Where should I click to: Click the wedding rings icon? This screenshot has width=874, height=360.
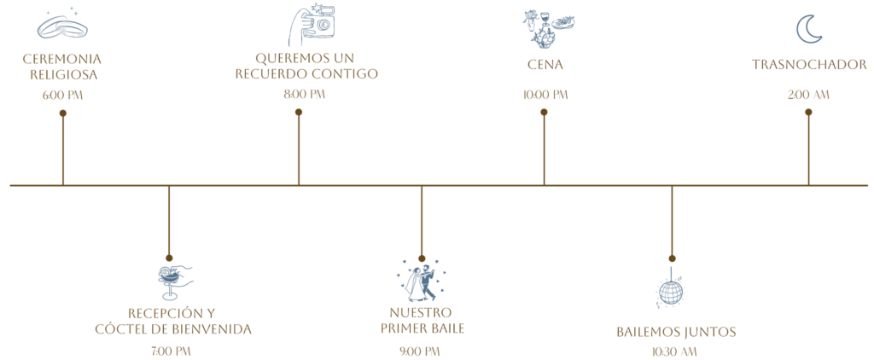(x=61, y=27)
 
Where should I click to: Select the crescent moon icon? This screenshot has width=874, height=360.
(x=808, y=29)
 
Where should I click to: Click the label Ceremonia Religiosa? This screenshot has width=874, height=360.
(x=61, y=67)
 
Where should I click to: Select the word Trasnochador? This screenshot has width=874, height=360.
(x=809, y=64)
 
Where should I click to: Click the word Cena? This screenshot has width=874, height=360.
(x=545, y=64)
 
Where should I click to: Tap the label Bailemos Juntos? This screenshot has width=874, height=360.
(x=676, y=332)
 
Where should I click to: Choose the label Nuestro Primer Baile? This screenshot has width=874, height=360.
(x=422, y=320)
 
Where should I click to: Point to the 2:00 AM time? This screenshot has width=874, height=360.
(x=809, y=96)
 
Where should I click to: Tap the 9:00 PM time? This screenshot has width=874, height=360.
(x=419, y=351)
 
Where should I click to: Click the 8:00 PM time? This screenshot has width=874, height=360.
(x=304, y=95)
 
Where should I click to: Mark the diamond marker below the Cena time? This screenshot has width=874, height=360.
(x=544, y=111)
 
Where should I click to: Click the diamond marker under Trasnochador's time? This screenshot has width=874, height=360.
(x=808, y=111)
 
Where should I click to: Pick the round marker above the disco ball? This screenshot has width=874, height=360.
(x=672, y=258)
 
